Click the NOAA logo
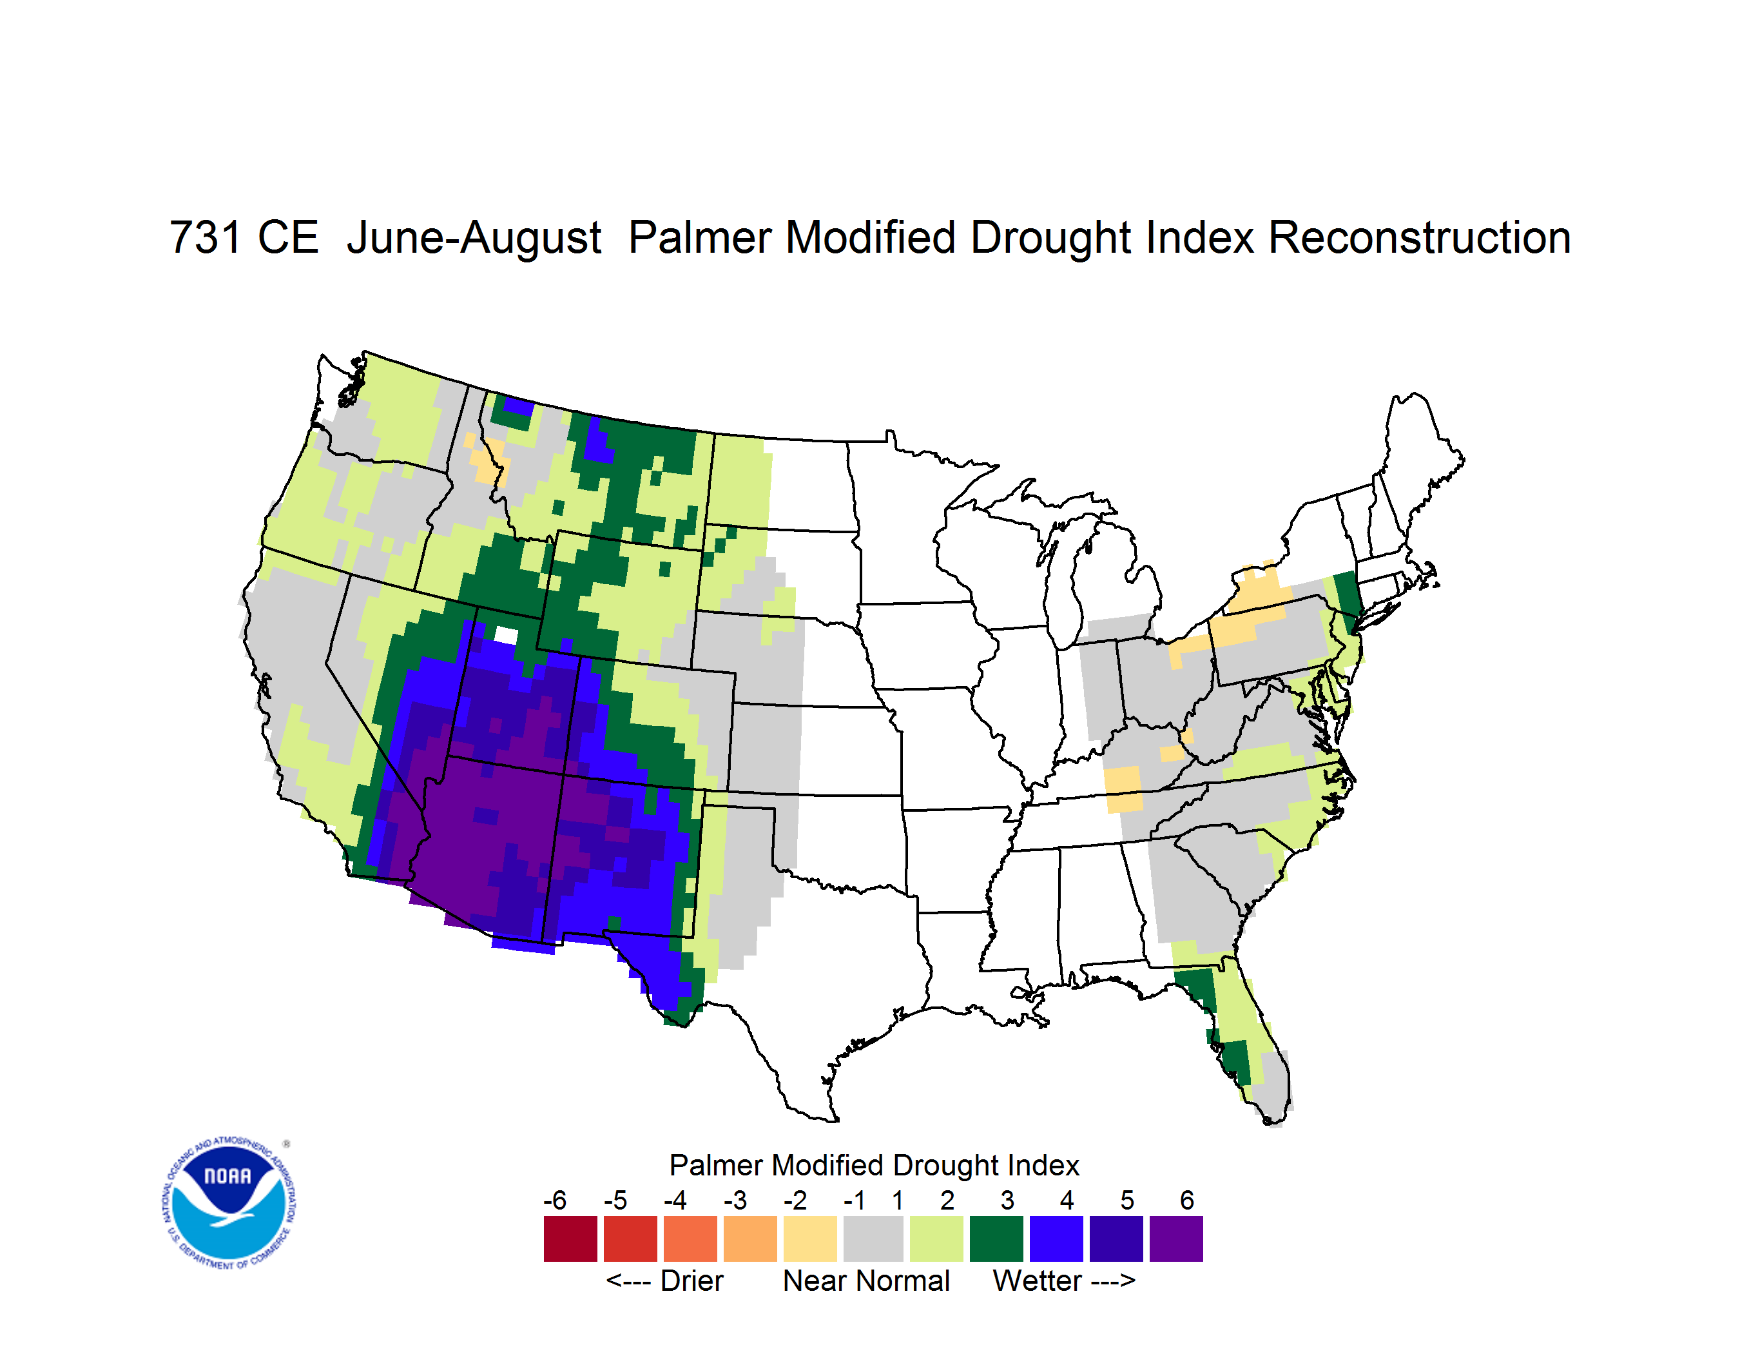(229, 1202)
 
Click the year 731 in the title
(205, 237)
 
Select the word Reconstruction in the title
(1419, 237)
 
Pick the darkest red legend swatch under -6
(570, 1239)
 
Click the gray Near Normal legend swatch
(873, 1239)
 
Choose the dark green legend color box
(996, 1239)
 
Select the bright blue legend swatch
(1056, 1239)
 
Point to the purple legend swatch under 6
(1176, 1239)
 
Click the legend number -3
(735, 1200)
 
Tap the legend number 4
(1067, 1200)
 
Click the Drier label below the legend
(691, 1280)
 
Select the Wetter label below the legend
(1038, 1280)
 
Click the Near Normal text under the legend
(866, 1280)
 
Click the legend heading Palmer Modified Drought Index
(874, 1165)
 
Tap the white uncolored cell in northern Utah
(506, 635)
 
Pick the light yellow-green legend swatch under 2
(936, 1239)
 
